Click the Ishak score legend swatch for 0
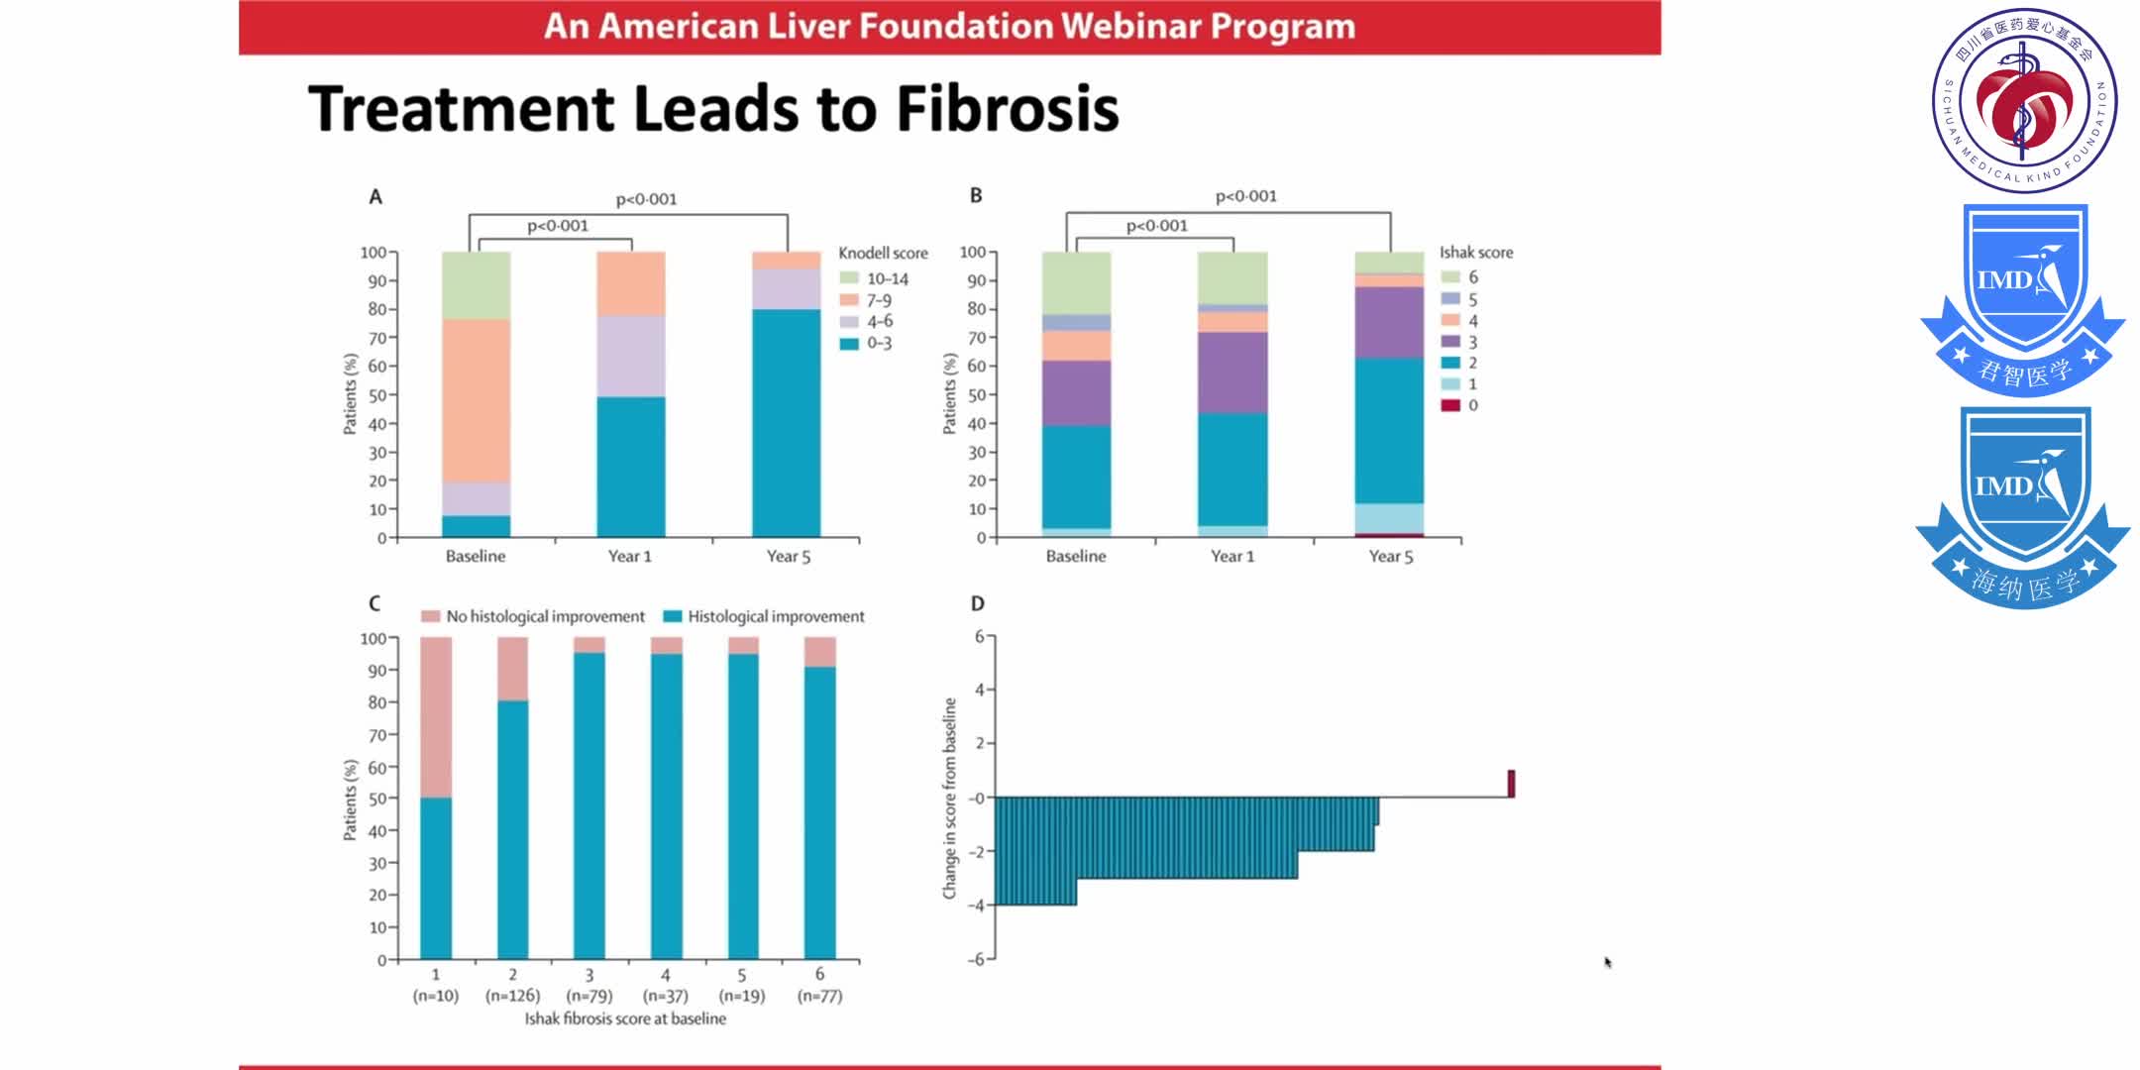point(1450,405)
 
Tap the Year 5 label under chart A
point(788,557)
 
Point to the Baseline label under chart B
point(1076,557)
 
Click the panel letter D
point(977,603)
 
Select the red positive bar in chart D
point(1511,784)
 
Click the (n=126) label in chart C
point(512,996)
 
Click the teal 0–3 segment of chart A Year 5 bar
point(787,426)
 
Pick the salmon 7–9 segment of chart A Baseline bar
point(477,401)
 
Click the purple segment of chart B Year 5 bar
point(1389,322)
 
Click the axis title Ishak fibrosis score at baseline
point(625,1018)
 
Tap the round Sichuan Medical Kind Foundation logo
point(2024,99)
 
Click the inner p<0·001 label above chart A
point(557,226)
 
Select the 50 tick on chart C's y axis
point(377,799)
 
